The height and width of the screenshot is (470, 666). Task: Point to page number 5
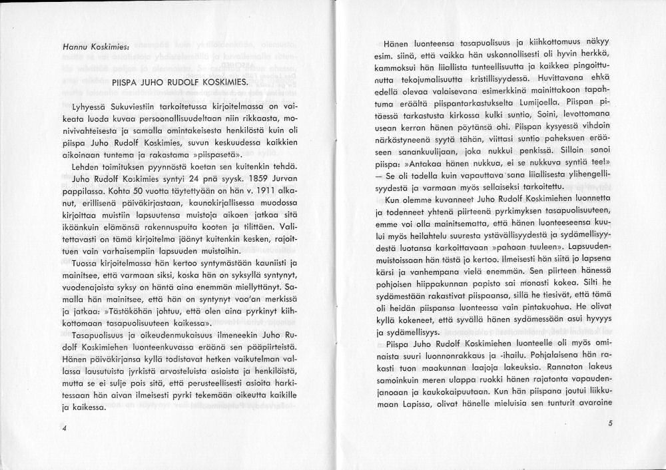tap(609, 424)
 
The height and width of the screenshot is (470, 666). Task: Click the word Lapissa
tap(406, 402)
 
